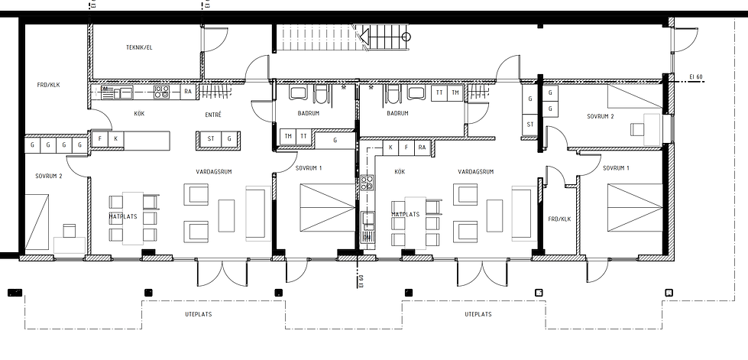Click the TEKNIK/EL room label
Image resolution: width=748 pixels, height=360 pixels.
[x=139, y=47]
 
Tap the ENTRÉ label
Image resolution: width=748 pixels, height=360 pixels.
[x=212, y=115]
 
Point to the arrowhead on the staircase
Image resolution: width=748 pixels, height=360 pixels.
[x=364, y=36]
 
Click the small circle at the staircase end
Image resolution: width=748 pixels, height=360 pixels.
[x=406, y=36]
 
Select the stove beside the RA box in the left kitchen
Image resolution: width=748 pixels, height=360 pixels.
[x=162, y=92]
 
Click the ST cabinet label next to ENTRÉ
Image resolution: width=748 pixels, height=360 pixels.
[x=211, y=139]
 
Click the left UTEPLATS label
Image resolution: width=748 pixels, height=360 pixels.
[x=199, y=314]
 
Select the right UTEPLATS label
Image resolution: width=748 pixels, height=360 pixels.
[x=478, y=314]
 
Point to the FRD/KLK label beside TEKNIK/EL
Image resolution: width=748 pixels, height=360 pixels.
[x=48, y=85]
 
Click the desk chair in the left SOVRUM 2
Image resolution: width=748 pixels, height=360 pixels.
[x=70, y=231]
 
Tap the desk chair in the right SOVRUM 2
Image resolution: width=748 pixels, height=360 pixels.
[x=637, y=129]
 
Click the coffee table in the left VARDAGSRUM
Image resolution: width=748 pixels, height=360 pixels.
[x=226, y=216]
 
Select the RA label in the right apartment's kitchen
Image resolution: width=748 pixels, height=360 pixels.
[x=422, y=148]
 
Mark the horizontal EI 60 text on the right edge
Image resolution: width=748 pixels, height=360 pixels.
[x=696, y=77]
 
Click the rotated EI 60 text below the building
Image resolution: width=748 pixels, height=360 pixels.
[x=361, y=282]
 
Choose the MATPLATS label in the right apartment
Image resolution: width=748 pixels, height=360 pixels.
[x=406, y=214]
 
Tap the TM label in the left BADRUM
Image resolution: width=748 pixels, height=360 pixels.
[x=288, y=136]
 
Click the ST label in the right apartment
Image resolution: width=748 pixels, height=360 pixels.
[x=530, y=125]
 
